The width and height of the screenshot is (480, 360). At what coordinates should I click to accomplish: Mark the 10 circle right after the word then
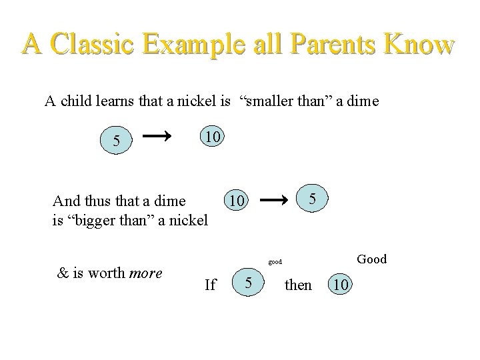tap(340, 285)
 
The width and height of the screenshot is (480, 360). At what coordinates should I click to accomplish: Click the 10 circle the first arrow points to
tap(212, 137)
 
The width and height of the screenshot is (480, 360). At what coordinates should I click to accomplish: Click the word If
tap(210, 285)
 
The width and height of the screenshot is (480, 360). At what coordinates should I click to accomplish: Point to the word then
tap(297, 285)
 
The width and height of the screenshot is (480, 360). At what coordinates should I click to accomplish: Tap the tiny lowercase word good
tap(276, 262)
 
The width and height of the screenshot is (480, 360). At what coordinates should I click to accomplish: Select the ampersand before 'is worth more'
tap(63, 273)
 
